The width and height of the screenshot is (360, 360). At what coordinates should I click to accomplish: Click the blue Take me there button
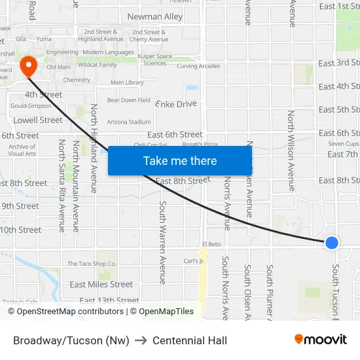(x=180, y=160)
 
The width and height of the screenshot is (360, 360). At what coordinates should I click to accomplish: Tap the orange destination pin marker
(x=29, y=66)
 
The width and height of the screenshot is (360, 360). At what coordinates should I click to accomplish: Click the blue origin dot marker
(x=332, y=242)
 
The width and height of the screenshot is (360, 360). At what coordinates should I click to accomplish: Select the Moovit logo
(x=320, y=340)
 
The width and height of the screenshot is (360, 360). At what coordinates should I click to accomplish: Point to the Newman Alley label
(x=155, y=16)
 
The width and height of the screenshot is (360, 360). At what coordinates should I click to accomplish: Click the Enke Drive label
(x=176, y=103)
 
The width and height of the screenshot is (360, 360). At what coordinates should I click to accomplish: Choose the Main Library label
(x=127, y=82)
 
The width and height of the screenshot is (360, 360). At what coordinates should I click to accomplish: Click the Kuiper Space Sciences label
(x=155, y=60)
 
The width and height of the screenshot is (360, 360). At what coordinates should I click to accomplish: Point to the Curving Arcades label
(x=198, y=66)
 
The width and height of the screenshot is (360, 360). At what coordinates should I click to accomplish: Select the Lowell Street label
(x=39, y=120)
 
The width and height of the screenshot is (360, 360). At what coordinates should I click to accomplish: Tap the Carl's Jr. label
(x=194, y=261)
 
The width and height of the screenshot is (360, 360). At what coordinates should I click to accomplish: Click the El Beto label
(x=211, y=244)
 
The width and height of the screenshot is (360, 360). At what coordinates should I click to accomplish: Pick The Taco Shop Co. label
(x=92, y=264)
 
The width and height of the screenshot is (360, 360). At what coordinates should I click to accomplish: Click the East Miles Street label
(x=101, y=284)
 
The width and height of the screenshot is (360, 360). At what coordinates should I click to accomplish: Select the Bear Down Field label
(x=129, y=100)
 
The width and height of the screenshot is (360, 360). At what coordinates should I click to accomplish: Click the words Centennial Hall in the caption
(x=190, y=340)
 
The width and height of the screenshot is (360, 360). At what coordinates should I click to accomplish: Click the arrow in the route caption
(x=141, y=340)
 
